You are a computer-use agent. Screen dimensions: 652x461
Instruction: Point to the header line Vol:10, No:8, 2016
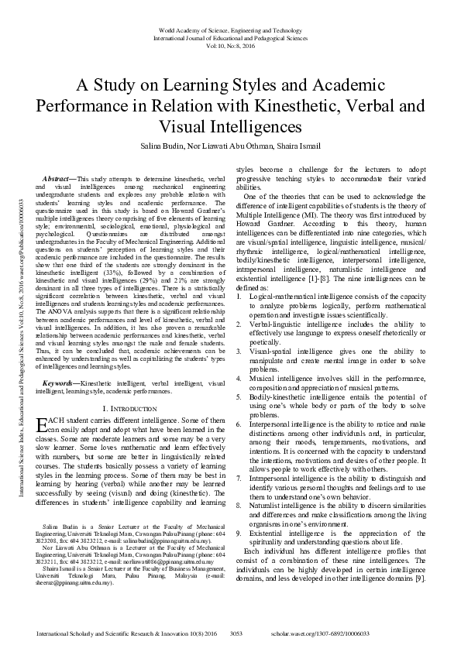tap(231, 44)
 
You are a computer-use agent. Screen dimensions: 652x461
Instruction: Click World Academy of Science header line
tap(231, 28)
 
